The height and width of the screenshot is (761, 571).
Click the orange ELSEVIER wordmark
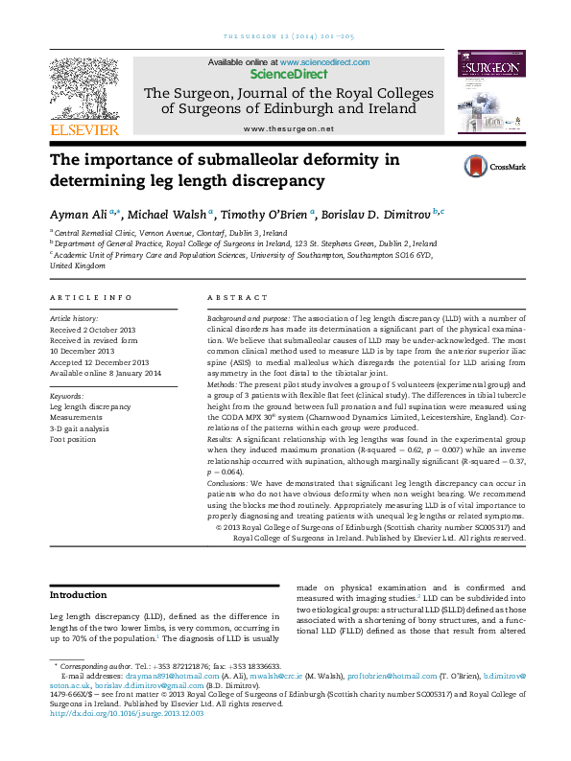pyautogui.click(x=84, y=129)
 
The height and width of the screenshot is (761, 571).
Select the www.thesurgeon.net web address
pyautogui.click(x=288, y=128)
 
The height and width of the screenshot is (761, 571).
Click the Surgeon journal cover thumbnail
pyautogui.click(x=490, y=94)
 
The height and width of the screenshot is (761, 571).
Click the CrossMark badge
pyautogui.click(x=494, y=166)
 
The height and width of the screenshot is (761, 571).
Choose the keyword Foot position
pyautogui.click(x=75, y=440)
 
